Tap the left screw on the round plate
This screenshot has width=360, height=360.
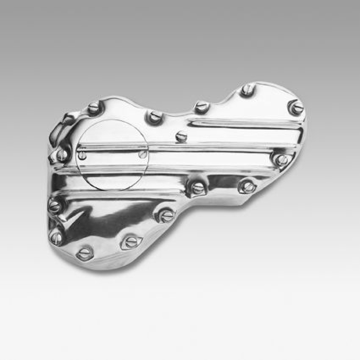82,156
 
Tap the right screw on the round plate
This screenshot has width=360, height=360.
142,154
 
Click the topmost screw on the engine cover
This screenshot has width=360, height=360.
247,90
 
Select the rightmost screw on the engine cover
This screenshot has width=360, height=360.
297,108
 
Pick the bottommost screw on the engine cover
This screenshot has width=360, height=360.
85,252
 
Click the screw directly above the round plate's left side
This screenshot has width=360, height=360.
94,108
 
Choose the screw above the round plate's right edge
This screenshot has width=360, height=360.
155,117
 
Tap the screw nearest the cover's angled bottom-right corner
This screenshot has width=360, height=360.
247,186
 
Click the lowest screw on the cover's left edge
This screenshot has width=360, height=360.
57,236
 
